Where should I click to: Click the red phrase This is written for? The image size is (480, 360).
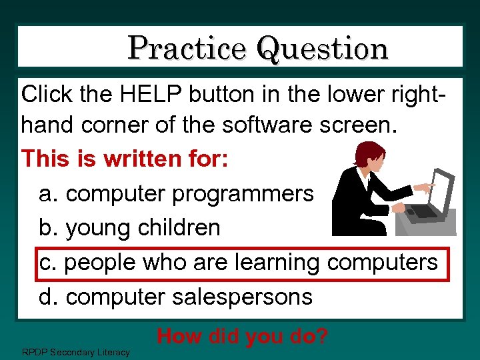pos(125,159)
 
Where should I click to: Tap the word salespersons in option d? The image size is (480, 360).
pos(243,296)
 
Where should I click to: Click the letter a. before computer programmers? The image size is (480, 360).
pos(49,193)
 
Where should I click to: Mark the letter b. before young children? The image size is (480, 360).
pos(49,227)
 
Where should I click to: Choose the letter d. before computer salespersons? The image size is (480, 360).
pos(49,296)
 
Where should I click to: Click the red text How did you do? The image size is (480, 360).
pos(242,337)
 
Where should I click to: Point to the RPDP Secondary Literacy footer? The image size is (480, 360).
pos(76,351)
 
